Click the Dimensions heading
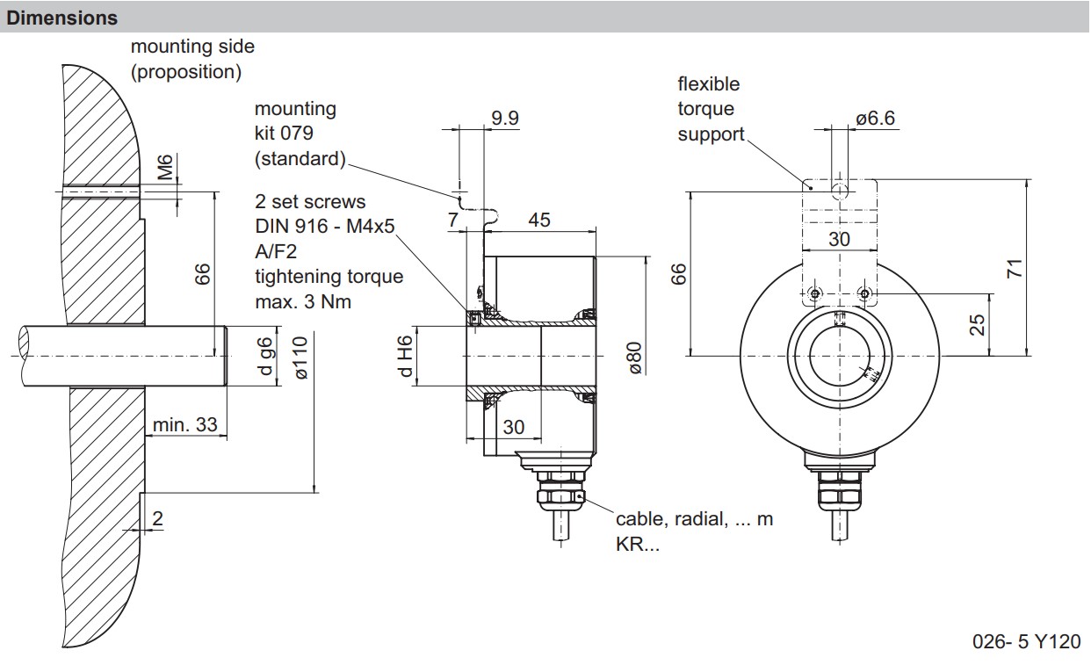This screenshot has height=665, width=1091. click(61, 18)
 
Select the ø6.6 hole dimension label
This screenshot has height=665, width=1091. click(875, 119)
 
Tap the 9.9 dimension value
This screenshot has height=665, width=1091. click(505, 119)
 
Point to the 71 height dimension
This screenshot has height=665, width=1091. click(1015, 269)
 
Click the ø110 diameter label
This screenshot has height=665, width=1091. click(301, 358)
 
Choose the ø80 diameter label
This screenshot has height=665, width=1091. click(635, 358)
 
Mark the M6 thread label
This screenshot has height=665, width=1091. click(166, 167)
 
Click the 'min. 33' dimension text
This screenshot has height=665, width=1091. click(184, 425)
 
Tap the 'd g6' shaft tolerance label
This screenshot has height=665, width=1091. click(264, 357)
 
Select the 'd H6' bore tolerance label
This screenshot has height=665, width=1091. click(405, 357)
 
